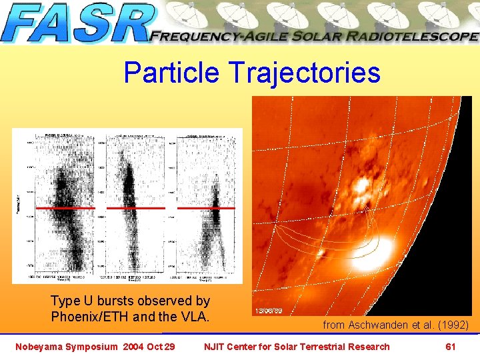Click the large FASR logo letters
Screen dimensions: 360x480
pos(77,24)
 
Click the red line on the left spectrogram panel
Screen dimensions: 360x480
pos(65,208)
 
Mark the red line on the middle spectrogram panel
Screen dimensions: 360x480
pos(136,208)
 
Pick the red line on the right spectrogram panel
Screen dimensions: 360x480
pos(206,208)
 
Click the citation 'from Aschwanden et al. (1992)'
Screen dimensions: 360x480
pos(395,325)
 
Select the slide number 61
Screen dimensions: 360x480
pos(450,346)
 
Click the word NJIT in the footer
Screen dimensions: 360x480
pos(215,346)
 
